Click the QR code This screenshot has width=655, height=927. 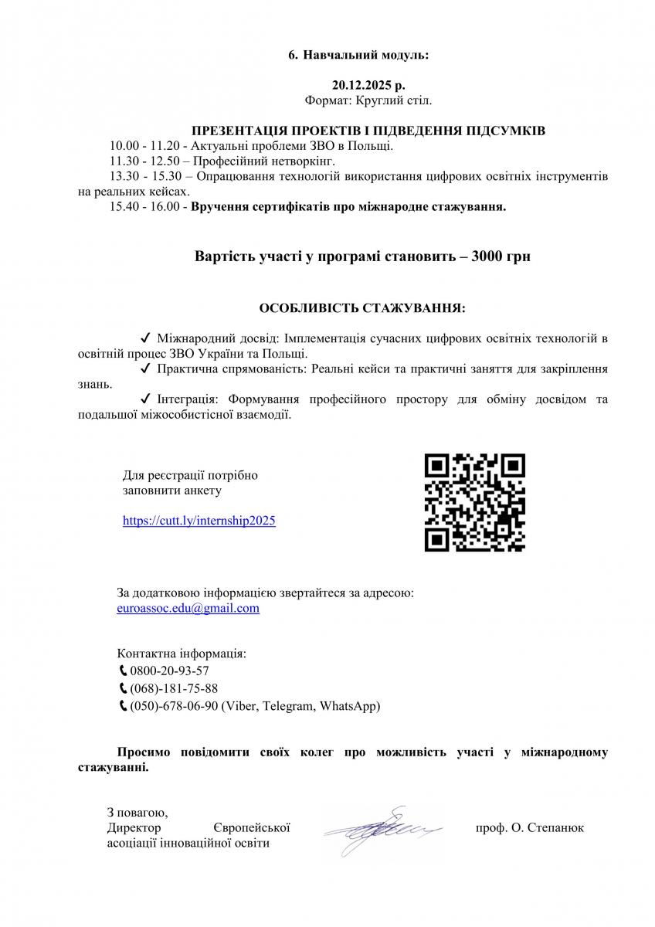click(475, 502)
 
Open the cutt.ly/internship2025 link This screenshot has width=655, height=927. click(199, 521)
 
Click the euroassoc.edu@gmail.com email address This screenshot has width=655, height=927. click(188, 609)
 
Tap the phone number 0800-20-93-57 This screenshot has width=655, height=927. click(169, 671)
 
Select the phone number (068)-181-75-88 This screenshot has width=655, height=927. click(174, 688)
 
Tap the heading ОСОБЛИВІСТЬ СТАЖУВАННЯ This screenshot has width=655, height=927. click(362, 308)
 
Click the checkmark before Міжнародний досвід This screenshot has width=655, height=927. click(145, 338)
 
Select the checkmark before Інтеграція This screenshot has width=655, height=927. click(145, 399)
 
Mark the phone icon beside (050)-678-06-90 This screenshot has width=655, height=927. click(123, 706)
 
